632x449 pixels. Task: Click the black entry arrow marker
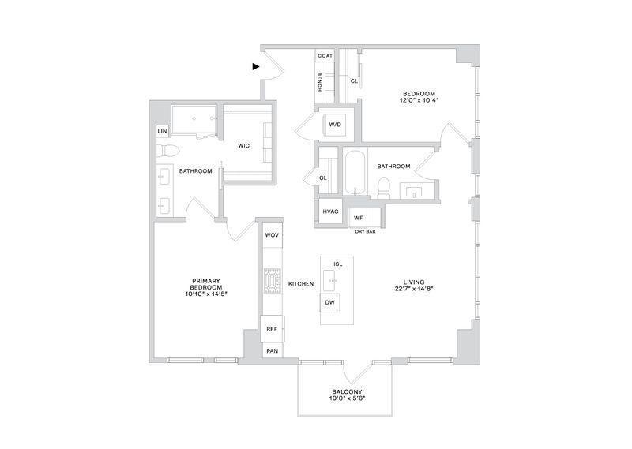255,66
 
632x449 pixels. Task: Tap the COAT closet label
325,55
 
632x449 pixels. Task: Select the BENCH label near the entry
320,82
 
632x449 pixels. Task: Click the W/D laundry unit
335,125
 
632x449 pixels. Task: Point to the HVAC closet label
330,211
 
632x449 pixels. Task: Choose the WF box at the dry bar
359,218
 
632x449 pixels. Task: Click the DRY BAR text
365,231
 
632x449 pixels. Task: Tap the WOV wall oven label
272,235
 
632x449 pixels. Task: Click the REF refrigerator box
273,329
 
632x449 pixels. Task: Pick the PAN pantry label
273,350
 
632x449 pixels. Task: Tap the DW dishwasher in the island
330,302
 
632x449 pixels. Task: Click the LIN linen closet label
162,131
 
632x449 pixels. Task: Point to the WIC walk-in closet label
243,146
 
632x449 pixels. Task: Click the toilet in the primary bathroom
167,151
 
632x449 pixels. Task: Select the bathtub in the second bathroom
355,173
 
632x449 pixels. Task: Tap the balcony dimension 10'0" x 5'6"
347,398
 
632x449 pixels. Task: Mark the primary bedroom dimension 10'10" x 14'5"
206,294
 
